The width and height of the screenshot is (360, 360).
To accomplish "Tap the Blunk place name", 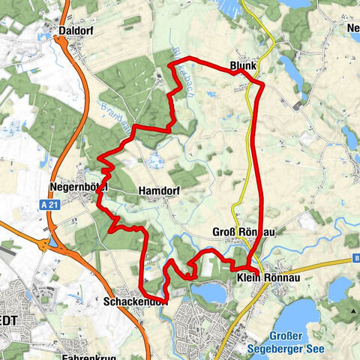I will point(244,66).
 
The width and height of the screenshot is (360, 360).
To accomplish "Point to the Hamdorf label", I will point(156,192).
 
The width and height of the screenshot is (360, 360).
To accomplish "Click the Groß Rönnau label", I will point(244,232).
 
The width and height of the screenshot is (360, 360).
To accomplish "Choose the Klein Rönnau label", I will point(264,277).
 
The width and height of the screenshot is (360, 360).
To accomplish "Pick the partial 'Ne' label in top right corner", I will point(352,28).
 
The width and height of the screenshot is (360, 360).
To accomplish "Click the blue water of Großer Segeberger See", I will point(315,315).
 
